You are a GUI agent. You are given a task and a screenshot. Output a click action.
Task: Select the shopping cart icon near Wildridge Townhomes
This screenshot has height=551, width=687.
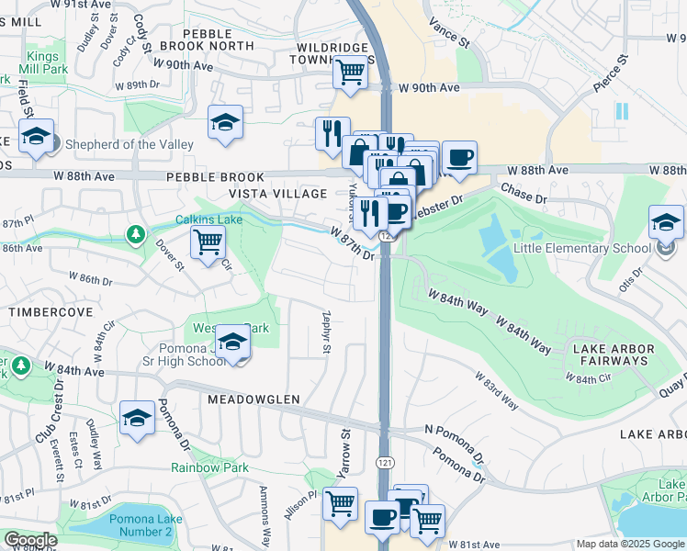[350, 72]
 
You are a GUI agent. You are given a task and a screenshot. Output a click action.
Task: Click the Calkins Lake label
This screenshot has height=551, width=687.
[208, 219]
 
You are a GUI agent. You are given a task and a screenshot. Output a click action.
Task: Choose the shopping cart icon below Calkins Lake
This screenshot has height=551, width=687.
[208, 243]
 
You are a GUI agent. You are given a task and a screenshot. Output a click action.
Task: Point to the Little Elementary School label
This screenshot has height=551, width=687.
[582, 248]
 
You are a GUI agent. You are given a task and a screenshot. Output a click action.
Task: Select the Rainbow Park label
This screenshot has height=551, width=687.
[209, 467]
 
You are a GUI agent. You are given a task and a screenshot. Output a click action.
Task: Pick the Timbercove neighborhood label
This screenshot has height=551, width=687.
[51, 312]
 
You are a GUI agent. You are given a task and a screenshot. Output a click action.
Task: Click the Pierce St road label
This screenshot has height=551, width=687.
[609, 73]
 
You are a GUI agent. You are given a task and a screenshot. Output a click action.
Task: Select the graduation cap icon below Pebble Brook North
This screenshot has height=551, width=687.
[225, 122]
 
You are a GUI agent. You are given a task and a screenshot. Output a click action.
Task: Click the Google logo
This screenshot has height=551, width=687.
[29, 540]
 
